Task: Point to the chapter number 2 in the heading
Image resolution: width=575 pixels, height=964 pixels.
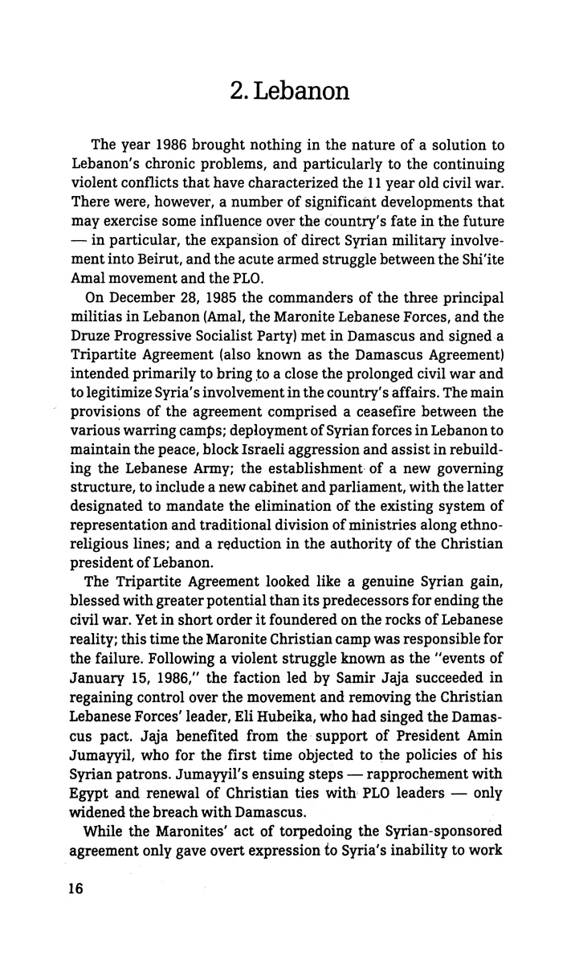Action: [234, 91]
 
